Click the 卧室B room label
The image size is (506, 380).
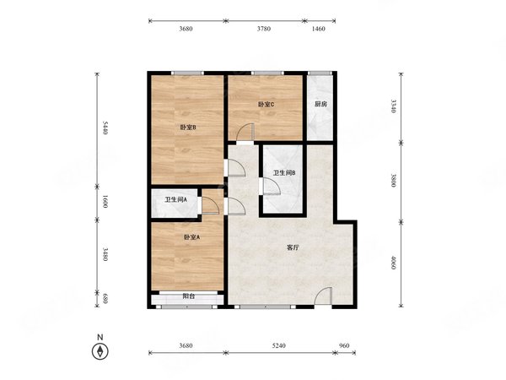pos(188,128)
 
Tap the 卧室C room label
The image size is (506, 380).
pos(266,105)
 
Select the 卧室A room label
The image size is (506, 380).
pos(191,237)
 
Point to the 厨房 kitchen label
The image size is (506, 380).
pos(320,105)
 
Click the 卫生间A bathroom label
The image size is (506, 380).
pos(176,200)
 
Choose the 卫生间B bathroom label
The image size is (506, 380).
pos(284,173)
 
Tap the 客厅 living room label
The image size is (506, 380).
pos(293,248)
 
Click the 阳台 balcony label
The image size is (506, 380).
pos(188,296)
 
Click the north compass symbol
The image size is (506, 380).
pos(100,351)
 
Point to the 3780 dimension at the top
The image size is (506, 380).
pos(264,29)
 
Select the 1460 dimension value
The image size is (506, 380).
pos(319,29)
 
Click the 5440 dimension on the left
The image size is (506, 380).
pos(105,128)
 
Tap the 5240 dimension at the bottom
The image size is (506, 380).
pos(279,345)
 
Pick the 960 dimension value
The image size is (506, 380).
pos(344,345)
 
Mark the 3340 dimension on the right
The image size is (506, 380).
pos(393,106)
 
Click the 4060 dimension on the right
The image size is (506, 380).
pos(393,263)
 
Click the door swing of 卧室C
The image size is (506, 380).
pos(245,132)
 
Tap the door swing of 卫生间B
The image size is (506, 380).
pos(272,187)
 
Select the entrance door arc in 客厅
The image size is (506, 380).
pos(323,296)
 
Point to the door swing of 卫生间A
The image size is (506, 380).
pos(210,205)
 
